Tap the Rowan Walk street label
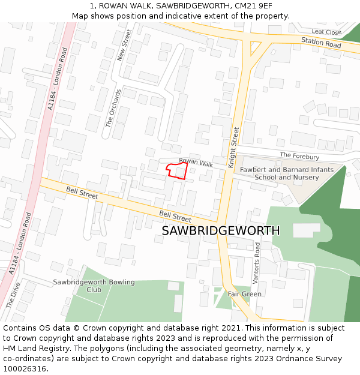tap(196, 162)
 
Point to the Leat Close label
tap(326, 32)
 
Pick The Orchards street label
tap(114, 109)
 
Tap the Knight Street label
tap(233, 147)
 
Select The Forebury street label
tap(299, 156)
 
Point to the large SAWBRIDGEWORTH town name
tap(221, 231)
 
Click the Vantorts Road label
tap(257, 263)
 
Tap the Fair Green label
tap(244, 294)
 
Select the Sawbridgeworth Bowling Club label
tap(94, 286)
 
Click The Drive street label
tap(13, 295)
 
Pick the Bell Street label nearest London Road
tap(82, 193)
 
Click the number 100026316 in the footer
tap(25, 368)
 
